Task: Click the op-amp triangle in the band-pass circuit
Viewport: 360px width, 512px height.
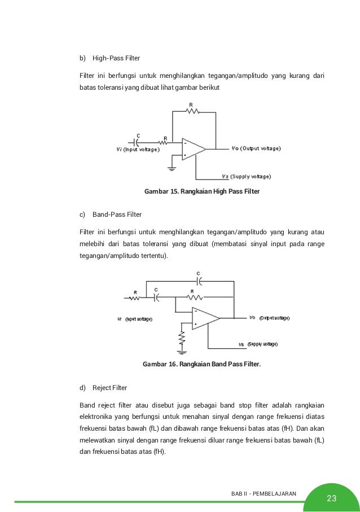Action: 204,318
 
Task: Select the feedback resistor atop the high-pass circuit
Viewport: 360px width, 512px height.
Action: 193,111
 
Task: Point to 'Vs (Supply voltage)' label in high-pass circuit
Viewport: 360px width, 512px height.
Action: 247,176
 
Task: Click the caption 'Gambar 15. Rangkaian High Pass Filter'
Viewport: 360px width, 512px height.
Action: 202,192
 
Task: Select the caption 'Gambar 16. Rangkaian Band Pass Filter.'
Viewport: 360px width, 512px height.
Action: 202,365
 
